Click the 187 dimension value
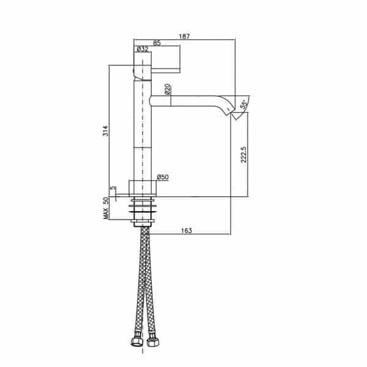(x=185, y=37)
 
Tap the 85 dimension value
(x=157, y=43)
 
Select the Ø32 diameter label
(x=143, y=49)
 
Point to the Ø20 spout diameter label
(x=168, y=89)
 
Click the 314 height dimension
(x=106, y=131)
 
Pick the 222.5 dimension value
(x=243, y=155)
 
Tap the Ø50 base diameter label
(x=163, y=177)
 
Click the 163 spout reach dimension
(x=187, y=231)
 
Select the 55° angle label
(x=244, y=105)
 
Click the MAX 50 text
(x=106, y=209)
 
